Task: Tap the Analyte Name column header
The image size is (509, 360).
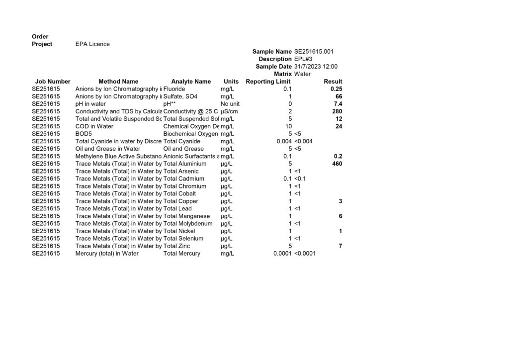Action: point(191,82)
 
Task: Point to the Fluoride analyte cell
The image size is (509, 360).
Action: point(174,89)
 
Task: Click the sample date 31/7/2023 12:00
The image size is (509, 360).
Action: point(316,66)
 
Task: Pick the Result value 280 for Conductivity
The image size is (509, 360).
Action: point(337,111)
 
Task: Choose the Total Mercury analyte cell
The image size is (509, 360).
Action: point(181,254)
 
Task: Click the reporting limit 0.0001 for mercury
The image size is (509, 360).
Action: point(282,254)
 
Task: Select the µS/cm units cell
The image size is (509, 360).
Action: point(229,111)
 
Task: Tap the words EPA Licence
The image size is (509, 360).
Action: point(92,44)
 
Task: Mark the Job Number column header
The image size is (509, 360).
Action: point(53,82)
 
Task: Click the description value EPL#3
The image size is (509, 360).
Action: point(304,59)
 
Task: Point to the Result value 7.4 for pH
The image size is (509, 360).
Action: point(338,104)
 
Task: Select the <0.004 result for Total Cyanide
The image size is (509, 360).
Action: point(305,141)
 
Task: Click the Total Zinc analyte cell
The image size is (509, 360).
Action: point(176,246)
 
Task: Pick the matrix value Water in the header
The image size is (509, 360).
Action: point(302,74)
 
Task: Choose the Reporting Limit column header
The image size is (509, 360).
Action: point(268,82)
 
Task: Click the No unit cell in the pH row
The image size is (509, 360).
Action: point(230,104)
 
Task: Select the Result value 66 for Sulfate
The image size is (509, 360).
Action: point(339,96)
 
